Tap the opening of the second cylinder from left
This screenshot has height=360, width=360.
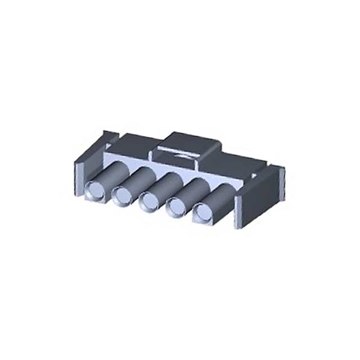121,195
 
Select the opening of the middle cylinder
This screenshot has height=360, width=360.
149,200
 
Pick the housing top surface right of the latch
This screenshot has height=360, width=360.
236,160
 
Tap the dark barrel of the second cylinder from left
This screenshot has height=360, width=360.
138,176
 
